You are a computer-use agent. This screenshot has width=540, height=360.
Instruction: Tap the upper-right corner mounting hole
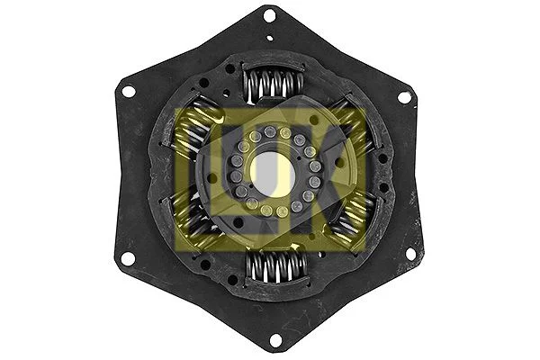coord(403,96)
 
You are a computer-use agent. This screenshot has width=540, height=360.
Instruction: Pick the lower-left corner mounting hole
coord(128,258)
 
